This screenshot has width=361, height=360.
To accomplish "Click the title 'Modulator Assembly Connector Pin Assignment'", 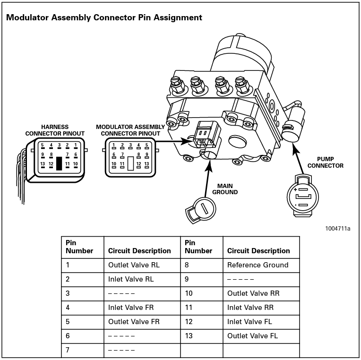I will [x=104, y=17].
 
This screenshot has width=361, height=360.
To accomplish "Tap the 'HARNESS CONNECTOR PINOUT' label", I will [x=55, y=130].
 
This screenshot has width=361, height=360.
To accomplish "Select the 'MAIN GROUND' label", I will [x=225, y=189].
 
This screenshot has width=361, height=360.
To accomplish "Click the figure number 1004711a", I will [x=337, y=229].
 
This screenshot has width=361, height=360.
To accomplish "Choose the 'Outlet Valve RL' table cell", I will [x=134, y=265].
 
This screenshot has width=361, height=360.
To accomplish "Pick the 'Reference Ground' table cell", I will [x=258, y=265].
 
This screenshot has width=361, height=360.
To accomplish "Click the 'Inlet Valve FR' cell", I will [x=131, y=308].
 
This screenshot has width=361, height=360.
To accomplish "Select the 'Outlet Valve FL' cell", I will [x=253, y=336].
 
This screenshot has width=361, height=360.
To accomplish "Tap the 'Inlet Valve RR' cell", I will [x=250, y=308].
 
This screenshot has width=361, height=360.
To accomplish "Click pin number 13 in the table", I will [x=189, y=336].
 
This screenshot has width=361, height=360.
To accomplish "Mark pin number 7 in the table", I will [x=68, y=350].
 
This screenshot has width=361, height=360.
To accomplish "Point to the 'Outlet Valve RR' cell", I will [x=253, y=293].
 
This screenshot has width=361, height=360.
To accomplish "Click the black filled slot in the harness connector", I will [x=59, y=163].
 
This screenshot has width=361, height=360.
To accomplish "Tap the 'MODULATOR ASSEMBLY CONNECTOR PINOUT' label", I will [x=130, y=130].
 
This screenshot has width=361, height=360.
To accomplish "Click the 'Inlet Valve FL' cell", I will [x=249, y=322].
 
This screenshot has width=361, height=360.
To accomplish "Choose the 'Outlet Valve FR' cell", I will [x=134, y=322].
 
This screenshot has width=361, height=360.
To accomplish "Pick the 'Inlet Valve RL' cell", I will [x=131, y=279].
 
